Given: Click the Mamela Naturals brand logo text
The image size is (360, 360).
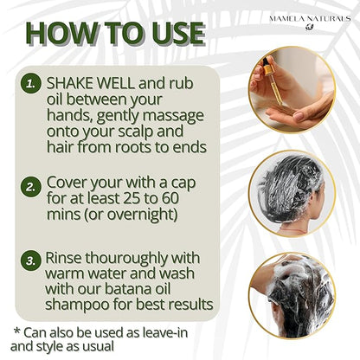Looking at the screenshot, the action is coord(310,19).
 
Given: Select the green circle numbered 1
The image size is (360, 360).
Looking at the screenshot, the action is coord(30,84).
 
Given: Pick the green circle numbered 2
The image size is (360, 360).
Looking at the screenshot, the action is coord(30,187).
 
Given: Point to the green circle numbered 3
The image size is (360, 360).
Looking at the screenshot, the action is coord(30,260).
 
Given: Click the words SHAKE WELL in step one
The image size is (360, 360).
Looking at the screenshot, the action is coord(91,83).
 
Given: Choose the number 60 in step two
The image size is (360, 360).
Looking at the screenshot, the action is coord(170,198).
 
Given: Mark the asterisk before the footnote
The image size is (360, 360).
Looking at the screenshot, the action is coord(17,331).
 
